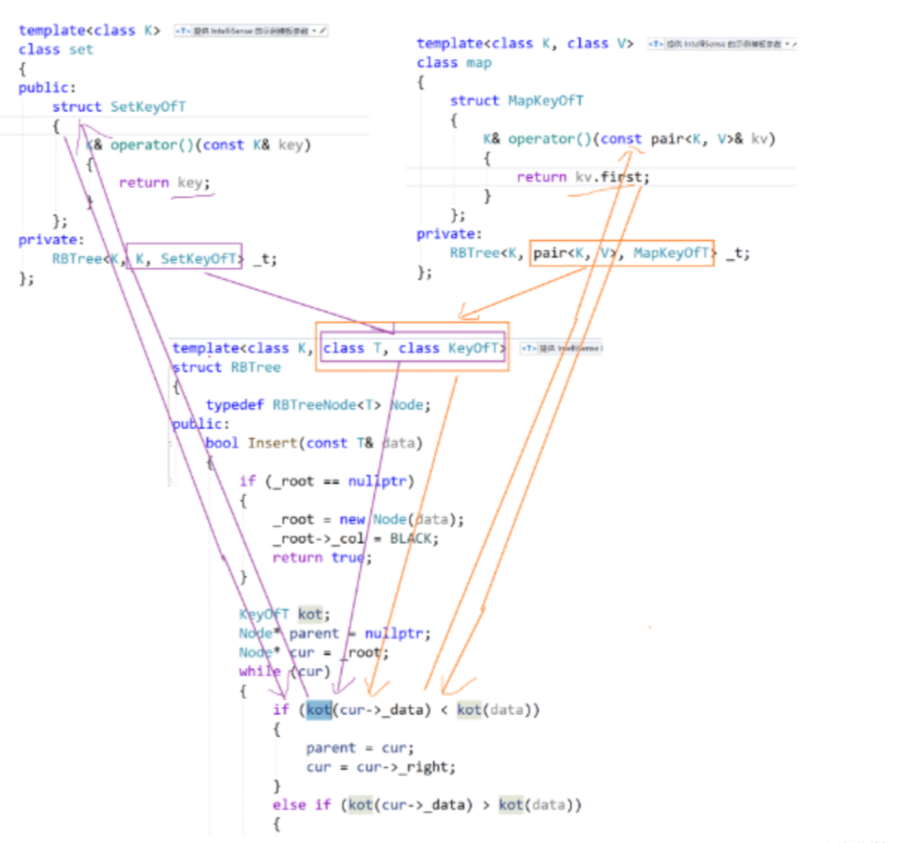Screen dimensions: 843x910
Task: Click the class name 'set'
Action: [80, 49]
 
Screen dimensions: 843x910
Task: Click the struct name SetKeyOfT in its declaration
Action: [148, 107]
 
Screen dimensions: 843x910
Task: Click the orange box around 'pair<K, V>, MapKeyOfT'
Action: [621, 253]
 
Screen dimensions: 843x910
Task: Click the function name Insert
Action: [273, 443]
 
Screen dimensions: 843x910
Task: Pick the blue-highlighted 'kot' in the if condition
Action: [318, 710]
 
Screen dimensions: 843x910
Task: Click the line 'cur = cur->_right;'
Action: [381, 767]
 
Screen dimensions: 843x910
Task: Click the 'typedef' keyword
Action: [235, 405]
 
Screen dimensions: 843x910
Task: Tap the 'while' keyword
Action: [259, 672]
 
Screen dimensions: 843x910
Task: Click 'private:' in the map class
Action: [449, 234]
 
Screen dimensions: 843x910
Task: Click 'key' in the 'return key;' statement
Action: [190, 183]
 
